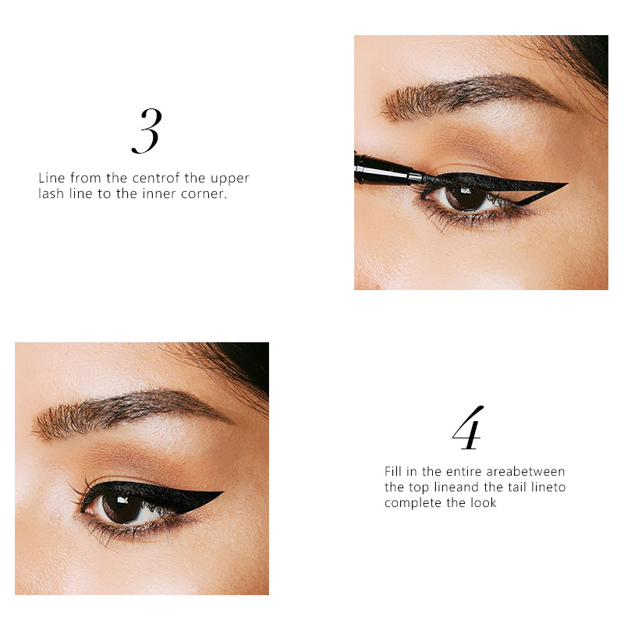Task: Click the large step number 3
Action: coord(147,131)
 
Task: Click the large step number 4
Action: coord(468,427)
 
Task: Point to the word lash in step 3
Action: coord(51,193)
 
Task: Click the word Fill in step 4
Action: coord(393,472)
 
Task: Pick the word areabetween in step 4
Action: coord(525,472)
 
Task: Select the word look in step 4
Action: coord(483,502)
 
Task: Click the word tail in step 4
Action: coord(517,487)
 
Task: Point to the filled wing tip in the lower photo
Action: coord(223,492)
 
